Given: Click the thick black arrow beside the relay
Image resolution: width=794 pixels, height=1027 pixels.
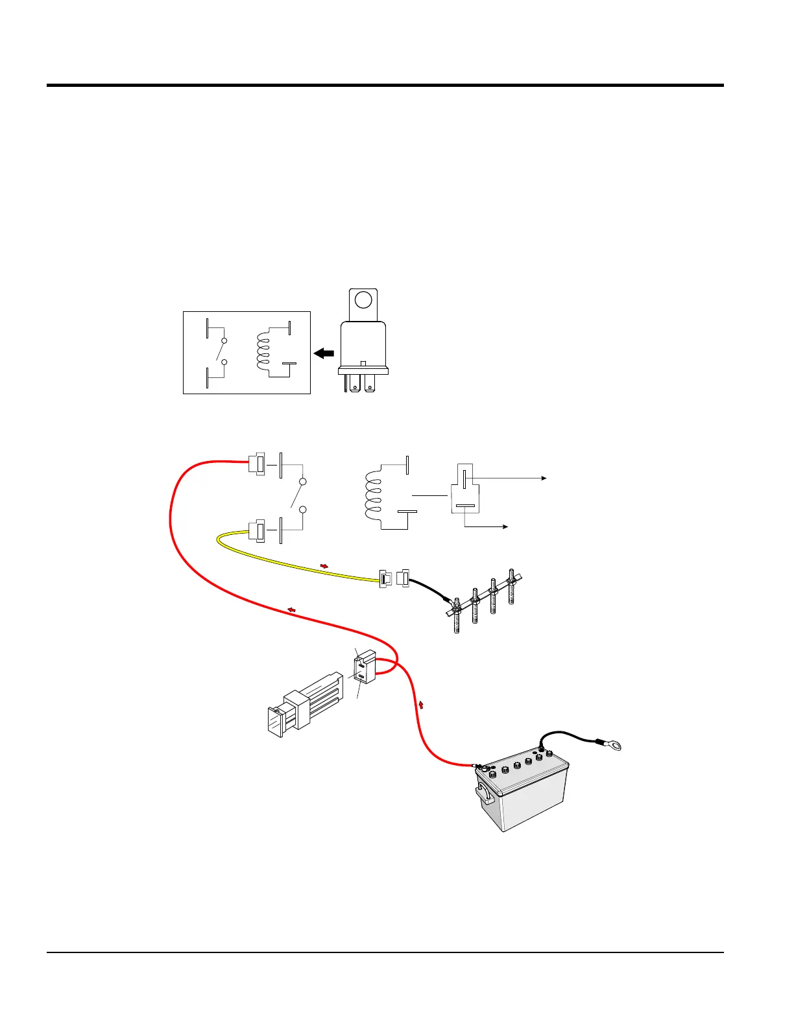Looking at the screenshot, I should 324,353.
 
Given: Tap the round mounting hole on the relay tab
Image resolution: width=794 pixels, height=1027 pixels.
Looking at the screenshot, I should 364,300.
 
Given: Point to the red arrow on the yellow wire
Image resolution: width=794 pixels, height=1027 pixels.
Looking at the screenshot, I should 324,566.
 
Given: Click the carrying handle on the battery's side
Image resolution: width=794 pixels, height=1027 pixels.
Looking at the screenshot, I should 484,794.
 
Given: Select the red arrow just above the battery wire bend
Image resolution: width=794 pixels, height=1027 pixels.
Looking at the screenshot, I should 422,704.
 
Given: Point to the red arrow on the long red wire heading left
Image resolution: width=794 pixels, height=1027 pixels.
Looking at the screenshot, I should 292,609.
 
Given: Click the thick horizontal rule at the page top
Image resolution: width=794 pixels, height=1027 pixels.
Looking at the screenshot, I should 385,85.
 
